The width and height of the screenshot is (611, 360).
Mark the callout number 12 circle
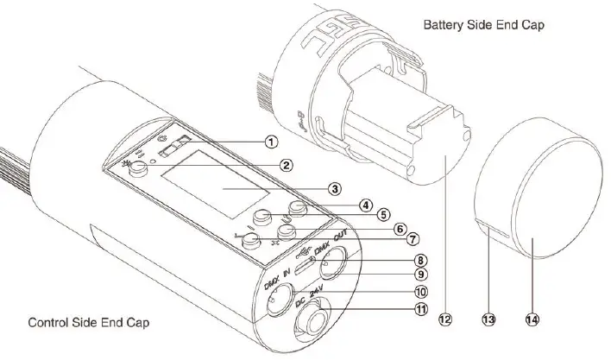click(444, 319)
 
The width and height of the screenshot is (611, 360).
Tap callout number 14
click(532, 319)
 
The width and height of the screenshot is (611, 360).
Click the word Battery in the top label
click(443, 26)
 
